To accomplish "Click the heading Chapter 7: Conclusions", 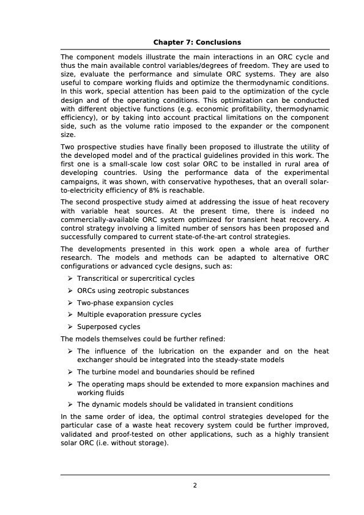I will point(197,42).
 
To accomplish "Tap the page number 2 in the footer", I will point(195,486).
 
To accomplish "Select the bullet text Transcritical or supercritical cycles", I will point(136,279).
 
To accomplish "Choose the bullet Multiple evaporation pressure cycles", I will point(139,315).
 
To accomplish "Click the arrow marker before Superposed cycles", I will point(71,327).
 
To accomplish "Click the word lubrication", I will point(163,352).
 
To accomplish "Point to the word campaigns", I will point(82,182).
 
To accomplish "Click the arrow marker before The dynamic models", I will point(71,404).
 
